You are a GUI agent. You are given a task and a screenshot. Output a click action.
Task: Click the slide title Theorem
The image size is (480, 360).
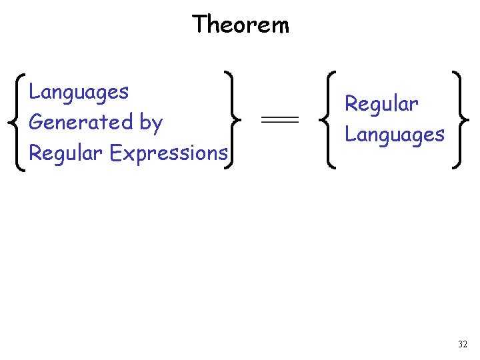pos(241,25)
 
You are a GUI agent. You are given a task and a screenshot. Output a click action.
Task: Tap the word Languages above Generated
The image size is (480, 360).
pos(79,92)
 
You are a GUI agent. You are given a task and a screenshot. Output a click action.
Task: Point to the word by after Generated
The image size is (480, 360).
pos(151,124)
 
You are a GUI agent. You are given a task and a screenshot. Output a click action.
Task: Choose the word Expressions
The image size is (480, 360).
pos(169,153)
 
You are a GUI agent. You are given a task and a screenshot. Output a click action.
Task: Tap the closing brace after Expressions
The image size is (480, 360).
pos(233,121)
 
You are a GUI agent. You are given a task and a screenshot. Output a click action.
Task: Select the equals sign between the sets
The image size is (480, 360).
pos(279,120)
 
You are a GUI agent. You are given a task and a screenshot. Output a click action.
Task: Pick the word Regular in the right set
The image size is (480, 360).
pos(381,104)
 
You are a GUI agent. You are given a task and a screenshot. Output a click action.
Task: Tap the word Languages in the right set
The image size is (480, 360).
pos(394,135)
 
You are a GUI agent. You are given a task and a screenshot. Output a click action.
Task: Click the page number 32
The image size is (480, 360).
pos(463,345)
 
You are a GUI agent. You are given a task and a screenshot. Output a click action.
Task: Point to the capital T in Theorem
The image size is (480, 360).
pos(199,25)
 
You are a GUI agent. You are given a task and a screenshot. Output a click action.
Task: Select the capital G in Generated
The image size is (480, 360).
pos(36,123)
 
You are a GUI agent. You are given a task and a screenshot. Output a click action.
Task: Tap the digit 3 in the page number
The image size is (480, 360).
pos(460,345)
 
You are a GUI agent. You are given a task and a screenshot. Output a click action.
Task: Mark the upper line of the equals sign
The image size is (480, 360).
pos(279,117)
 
